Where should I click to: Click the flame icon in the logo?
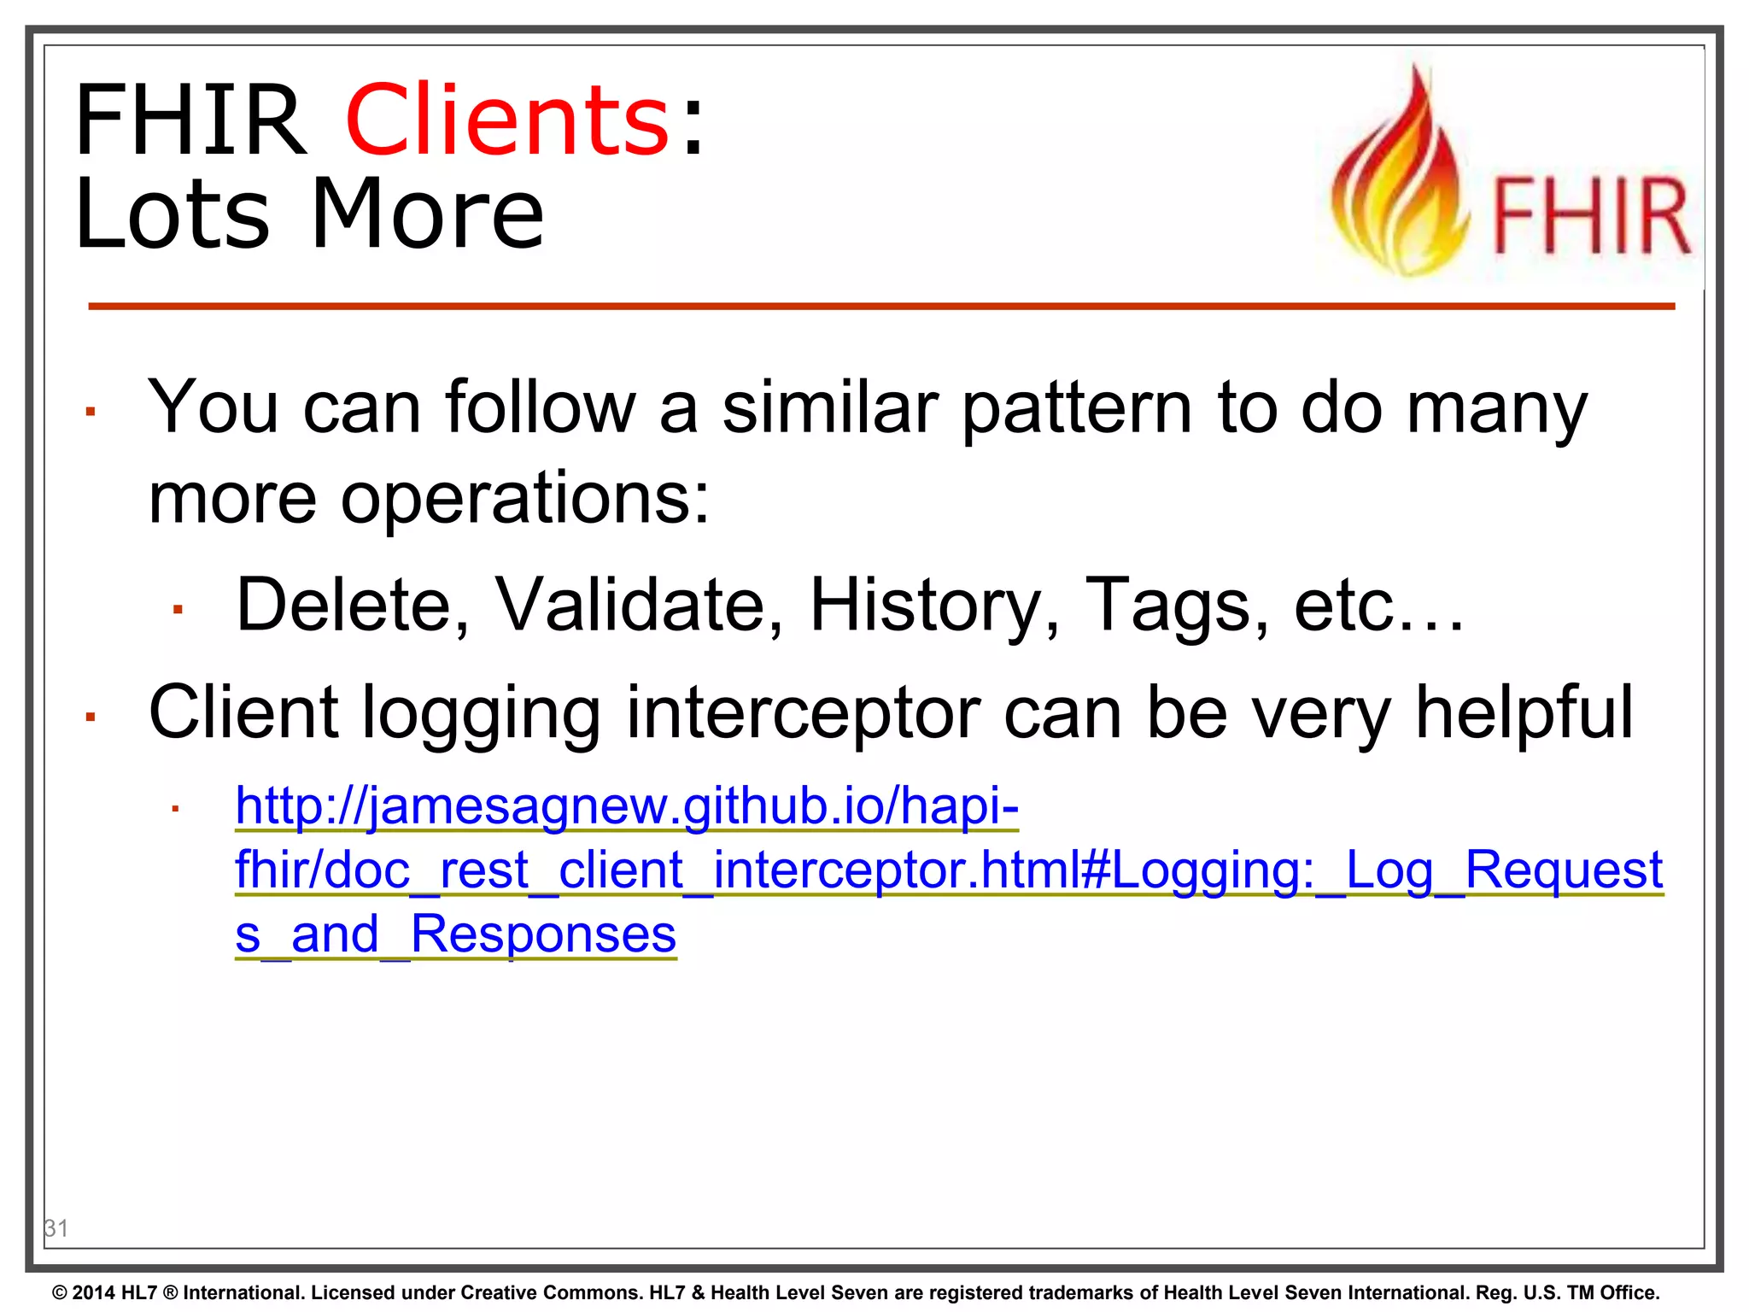(1401, 175)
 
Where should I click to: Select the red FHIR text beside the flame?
(1590, 218)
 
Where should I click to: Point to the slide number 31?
(56, 1228)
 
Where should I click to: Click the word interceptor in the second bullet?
(803, 713)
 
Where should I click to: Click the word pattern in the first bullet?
(1077, 409)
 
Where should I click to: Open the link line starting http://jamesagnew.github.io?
(627, 805)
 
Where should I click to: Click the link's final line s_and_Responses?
(455, 934)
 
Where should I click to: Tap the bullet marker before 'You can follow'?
(90, 413)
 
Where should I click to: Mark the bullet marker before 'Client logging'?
(90, 717)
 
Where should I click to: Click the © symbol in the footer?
(60, 1292)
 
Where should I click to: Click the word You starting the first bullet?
(214, 407)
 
